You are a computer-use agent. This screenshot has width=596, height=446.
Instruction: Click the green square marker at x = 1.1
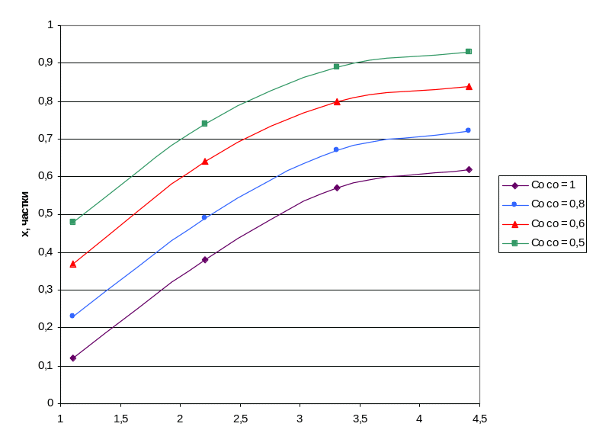click(x=73, y=222)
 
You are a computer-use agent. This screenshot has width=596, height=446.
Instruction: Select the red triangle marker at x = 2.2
click(x=205, y=162)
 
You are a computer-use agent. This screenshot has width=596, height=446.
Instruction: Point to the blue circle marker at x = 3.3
click(x=336, y=149)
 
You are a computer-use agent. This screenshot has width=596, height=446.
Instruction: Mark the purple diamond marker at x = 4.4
click(x=469, y=169)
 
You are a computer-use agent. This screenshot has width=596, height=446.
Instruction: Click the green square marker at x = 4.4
click(x=469, y=52)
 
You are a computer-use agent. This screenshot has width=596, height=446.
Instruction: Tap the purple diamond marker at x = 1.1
click(x=73, y=358)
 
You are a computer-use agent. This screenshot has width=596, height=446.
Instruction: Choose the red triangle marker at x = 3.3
click(x=336, y=101)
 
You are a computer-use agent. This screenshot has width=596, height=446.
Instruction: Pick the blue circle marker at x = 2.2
click(x=204, y=217)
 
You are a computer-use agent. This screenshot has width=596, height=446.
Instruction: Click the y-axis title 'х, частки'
click(x=27, y=214)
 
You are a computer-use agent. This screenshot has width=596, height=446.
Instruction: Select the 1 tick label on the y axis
click(x=50, y=25)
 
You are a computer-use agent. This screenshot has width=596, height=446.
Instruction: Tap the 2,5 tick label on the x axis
click(x=240, y=419)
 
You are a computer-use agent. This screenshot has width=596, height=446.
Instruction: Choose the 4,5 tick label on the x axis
click(x=479, y=419)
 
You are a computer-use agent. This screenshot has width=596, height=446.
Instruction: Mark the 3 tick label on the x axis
click(x=300, y=419)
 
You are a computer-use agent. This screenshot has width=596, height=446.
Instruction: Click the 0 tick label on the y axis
click(x=50, y=403)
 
